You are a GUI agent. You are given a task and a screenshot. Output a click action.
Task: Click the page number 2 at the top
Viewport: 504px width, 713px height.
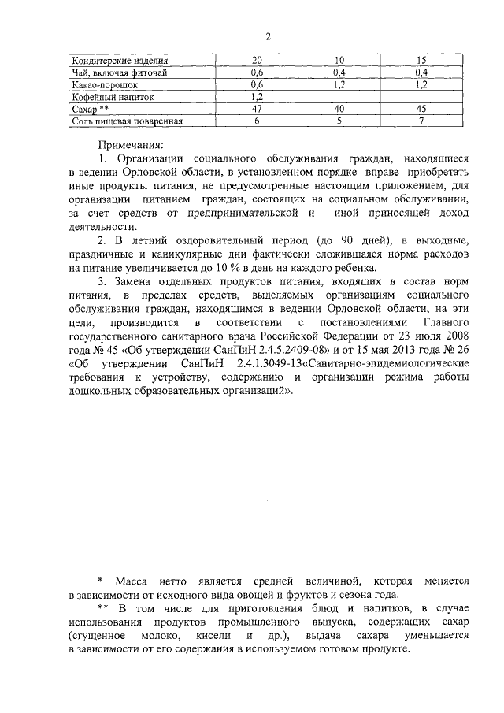[x=268, y=36]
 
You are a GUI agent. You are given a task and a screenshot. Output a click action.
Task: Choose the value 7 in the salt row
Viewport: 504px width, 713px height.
[x=421, y=121]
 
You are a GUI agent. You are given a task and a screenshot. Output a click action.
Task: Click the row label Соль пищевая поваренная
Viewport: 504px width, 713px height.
[x=127, y=121]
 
